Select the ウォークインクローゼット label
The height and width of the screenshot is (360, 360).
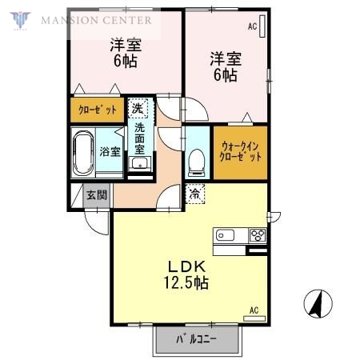tap(240, 151)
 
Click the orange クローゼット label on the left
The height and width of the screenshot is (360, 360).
tap(96, 109)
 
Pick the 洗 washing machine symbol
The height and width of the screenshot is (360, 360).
tap(138, 108)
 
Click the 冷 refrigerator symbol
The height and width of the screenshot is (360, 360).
tap(194, 192)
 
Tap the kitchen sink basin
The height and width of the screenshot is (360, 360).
tap(225, 235)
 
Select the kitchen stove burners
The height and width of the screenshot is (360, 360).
tap(258, 235)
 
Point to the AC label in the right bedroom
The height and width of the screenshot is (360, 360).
tap(252, 27)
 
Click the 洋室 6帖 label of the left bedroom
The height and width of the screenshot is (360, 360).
tap(125, 53)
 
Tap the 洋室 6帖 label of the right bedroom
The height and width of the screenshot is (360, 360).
tap(224, 66)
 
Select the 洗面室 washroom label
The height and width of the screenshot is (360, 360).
tap(140, 137)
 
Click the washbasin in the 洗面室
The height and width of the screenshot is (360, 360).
tap(141, 165)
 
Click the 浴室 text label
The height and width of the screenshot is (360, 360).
tap(109, 151)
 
